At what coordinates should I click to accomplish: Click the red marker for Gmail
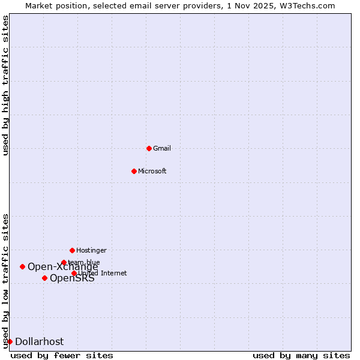[x=149, y=148]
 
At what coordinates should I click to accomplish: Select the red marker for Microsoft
[x=134, y=171]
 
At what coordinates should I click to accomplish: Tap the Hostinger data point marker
[x=72, y=250]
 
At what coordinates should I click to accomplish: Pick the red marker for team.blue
[x=64, y=262]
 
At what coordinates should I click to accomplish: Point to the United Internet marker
[x=74, y=273]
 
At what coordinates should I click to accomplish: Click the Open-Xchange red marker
[x=22, y=266]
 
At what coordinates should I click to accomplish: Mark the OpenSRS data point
[x=44, y=278]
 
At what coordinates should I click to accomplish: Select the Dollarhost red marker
[x=10, y=341]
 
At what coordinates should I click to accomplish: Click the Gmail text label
[x=162, y=148]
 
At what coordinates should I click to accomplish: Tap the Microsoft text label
[x=152, y=171]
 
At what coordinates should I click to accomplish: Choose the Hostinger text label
[x=91, y=250]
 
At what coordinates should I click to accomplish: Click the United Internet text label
[x=103, y=273]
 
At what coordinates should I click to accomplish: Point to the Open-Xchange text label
[x=62, y=267]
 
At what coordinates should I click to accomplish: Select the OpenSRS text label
[x=72, y=278]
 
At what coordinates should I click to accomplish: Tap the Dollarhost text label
[x=39, y=342]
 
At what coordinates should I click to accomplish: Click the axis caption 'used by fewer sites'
[x=62, y=355]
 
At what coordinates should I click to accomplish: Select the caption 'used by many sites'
[x=301, y=355]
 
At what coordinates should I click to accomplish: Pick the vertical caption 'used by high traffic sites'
[x=5, y=85]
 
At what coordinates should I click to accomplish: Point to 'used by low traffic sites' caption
[x=5, y=281]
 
